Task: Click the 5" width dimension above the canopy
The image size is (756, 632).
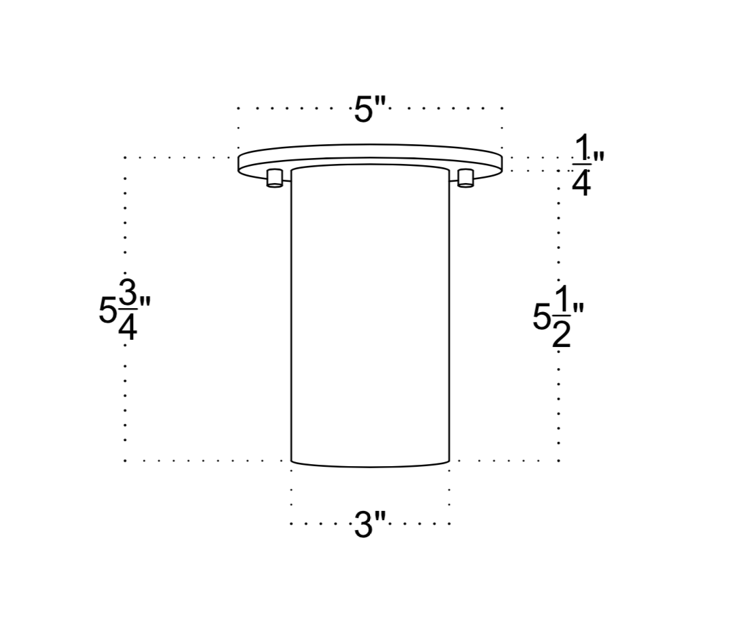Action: click(369, 109)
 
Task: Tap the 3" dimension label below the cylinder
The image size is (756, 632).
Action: click(369, 525)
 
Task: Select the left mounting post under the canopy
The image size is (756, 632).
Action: click(275, 177)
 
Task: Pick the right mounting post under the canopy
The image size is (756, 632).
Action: click(466, 177)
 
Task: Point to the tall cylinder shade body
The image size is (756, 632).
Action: click(369, 316)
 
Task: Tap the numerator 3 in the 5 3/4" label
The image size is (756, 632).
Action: click(128, 292)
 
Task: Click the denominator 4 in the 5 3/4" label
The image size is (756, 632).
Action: click(128, 327)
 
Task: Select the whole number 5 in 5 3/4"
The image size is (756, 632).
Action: click(107, 311)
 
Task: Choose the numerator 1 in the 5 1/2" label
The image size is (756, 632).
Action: click(561, 300)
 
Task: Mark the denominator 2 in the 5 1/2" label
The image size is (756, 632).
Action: click(561, 334)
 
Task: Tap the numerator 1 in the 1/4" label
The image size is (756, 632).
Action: click(581, 147)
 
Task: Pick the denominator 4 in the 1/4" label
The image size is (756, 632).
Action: click(581, 183)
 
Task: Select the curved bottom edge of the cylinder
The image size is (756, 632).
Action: click(369, 466)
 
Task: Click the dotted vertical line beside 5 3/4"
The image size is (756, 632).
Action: click(124, 395)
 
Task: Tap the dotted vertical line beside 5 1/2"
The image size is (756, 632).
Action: click(558, 395)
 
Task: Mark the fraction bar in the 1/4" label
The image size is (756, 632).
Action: click(581, 164)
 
